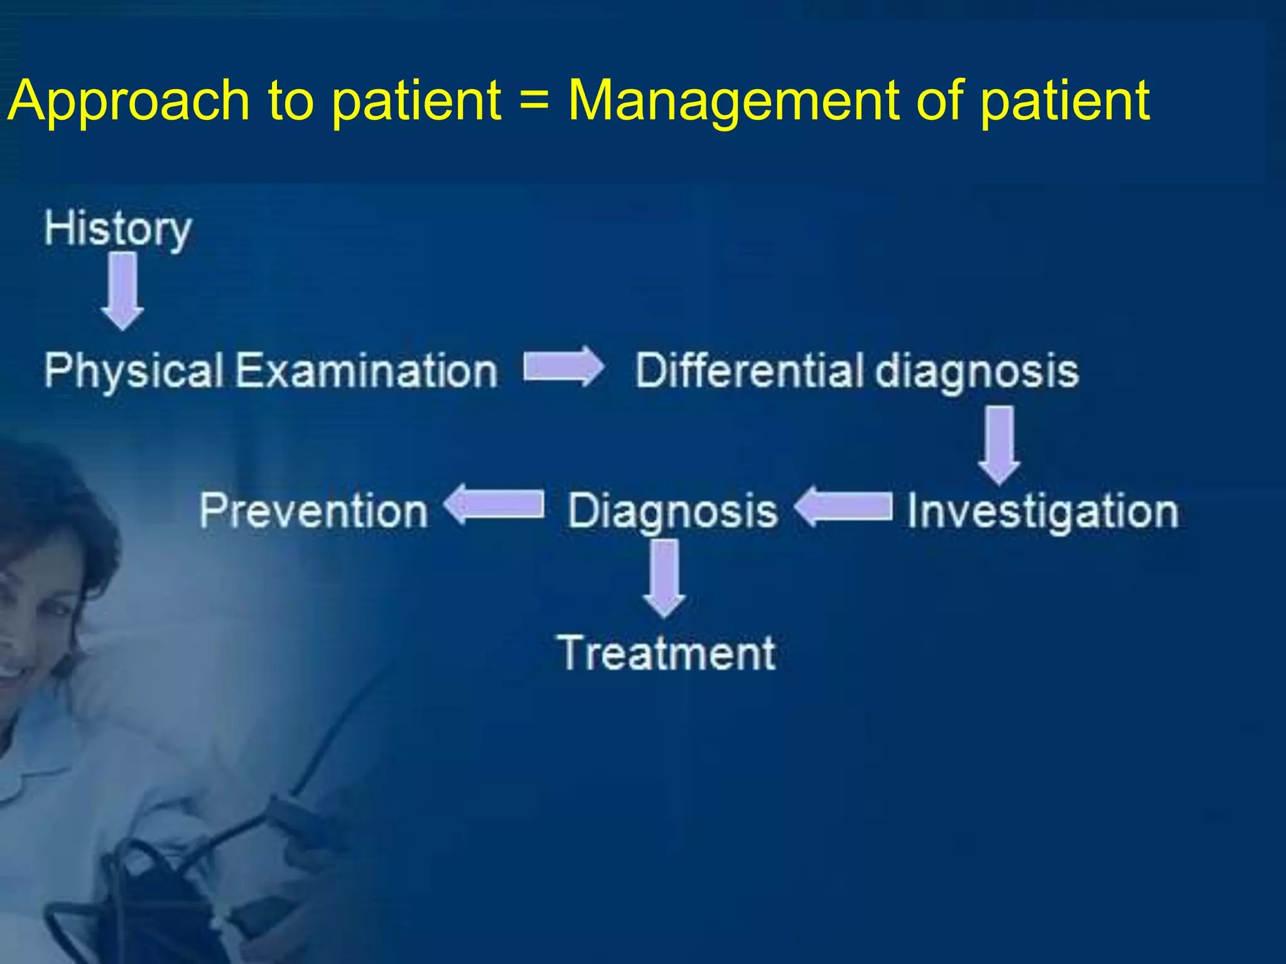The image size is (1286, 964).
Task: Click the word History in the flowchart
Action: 117,229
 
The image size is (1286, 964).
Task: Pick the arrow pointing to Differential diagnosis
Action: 563,367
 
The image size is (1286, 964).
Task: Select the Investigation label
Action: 1043,511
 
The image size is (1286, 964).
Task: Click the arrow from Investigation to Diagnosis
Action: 843,506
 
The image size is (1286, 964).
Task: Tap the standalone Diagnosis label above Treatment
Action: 673,511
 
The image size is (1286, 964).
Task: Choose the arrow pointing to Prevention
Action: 494,504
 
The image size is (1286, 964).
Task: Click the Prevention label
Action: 313,510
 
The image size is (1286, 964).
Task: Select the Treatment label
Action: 666,653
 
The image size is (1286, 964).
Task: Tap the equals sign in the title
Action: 535,100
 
